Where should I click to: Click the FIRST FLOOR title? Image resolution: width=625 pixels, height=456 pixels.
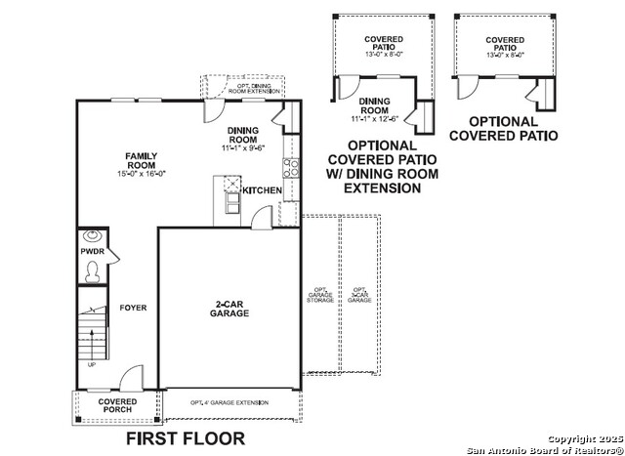click(x=185, y=438)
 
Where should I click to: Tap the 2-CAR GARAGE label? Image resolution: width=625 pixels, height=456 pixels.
click(x=231, y=309)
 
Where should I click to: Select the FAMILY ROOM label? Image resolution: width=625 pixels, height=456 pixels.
click(x=141, y=160)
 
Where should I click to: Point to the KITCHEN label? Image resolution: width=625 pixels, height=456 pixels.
click(x=262, y=190)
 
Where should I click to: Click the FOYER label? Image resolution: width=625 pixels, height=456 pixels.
click(x=133, y=308)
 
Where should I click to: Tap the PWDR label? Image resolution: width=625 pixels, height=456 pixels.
click(x=92, y=251)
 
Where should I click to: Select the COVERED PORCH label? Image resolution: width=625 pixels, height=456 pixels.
click(x=117, y=405)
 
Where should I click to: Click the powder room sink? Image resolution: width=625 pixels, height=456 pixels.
click(x=93, y=235)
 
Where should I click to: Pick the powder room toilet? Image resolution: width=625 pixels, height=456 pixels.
click(x=93, y=269)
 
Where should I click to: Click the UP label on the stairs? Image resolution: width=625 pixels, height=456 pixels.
click(x=92, y=365)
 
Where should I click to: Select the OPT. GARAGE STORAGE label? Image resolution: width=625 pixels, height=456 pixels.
click(x=320, y=295)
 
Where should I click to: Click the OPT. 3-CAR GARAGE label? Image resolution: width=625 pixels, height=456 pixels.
click(x=359, y=295)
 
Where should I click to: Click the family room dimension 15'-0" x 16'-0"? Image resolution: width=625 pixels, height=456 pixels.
click(x=141, y=173)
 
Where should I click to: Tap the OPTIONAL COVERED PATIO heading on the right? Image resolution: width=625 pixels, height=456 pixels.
click(x=503, y=129)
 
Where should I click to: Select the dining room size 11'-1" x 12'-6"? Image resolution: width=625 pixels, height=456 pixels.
click(x=375, y=119)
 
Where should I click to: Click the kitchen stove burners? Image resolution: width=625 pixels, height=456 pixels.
click(x=291, y=166)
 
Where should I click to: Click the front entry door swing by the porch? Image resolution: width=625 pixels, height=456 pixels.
click(x=131, y=379)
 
